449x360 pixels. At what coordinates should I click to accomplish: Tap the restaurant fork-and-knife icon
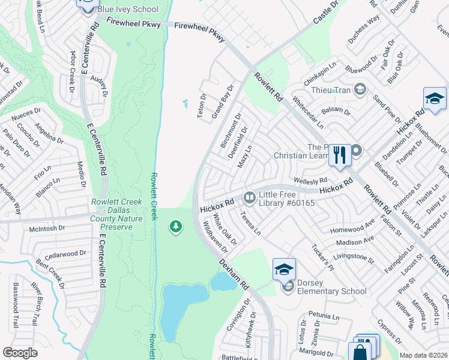(x=340, y=155)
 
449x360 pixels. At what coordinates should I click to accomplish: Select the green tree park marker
(x=176, y=227)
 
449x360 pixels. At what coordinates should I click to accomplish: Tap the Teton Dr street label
(x=202, y=105)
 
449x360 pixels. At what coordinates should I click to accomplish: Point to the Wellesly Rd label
(x=310, y=180)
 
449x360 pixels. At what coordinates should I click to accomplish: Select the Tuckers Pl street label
(x=322, y=257)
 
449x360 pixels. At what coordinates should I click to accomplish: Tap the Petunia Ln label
(x=324, y=314)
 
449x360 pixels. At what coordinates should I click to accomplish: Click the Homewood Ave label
(x=352, y=229)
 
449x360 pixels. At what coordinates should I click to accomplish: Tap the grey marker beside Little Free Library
(x=249, y=197)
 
